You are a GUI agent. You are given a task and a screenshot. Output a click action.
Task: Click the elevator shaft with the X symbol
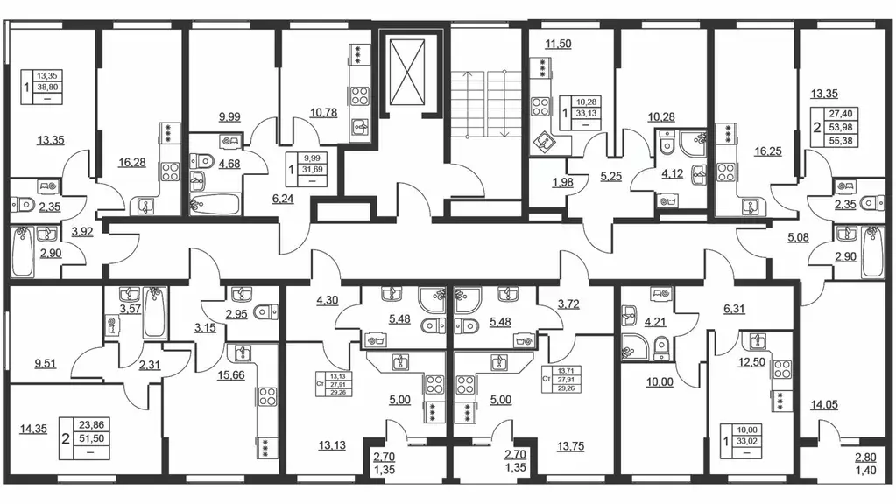point(406,73)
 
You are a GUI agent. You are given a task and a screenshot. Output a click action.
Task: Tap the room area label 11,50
point(558,44)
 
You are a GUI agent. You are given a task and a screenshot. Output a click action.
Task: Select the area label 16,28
point(132,163)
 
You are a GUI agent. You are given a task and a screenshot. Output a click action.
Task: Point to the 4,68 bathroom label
point(229,164)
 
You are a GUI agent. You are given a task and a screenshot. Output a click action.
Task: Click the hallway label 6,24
point(284,199)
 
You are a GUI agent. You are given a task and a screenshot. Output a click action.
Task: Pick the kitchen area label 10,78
point(323,113)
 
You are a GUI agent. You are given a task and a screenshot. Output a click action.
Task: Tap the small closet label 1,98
point(562,183)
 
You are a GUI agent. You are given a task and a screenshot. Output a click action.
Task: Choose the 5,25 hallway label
point(610,177)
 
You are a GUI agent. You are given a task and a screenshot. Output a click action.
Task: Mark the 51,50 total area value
point(90,438)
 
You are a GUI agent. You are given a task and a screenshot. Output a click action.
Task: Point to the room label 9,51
point(46,364)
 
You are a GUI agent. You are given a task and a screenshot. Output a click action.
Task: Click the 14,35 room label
point(33,430)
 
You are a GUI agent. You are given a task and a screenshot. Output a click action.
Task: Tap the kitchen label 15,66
point(231,375)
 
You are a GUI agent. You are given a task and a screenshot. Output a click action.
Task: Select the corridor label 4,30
point(327,300)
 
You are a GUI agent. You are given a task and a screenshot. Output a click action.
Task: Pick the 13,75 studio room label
point(570,446)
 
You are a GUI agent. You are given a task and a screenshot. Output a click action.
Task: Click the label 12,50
point(751,362)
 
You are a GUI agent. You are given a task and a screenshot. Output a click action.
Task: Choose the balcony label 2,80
point(865,458)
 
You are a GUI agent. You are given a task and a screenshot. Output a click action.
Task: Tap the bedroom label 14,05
point(824,404)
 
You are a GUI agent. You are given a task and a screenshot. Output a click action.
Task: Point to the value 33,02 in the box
point(747,441)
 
